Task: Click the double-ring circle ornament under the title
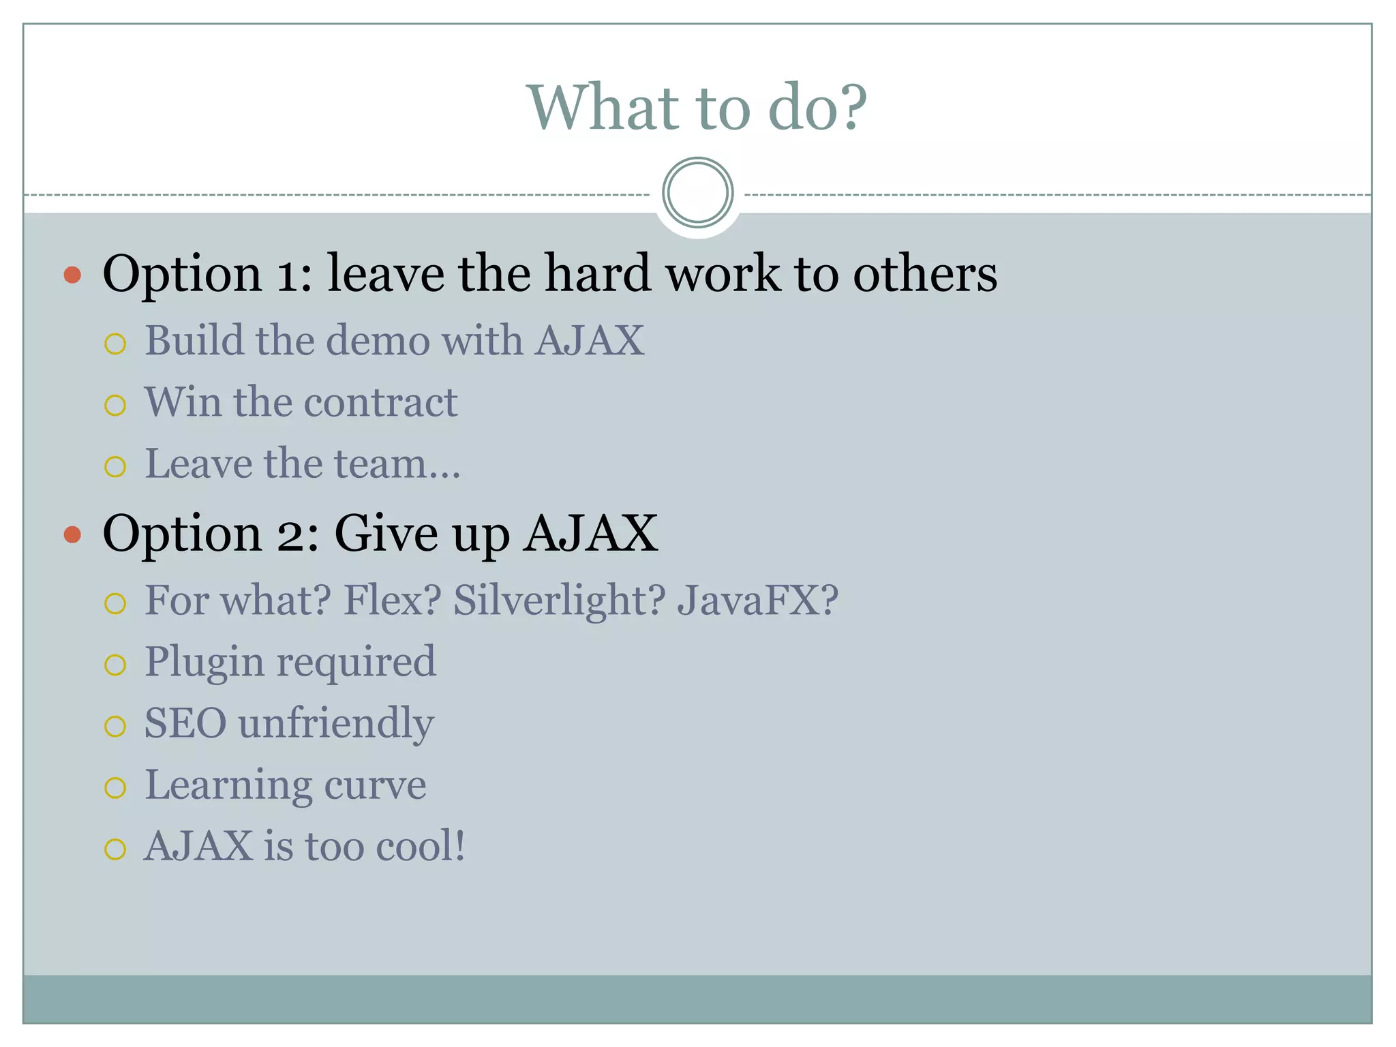click(x=697, y=193)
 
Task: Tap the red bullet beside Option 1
click(x=72, y=275)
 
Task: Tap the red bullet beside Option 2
click(x=72, y=534)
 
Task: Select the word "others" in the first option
click(x=925, y=273)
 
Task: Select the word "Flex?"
click(x=392, y=600)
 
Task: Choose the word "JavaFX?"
click(x=757, y=600)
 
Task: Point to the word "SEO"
click(x=185, y=723)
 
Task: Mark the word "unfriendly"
click(x=336, y=723)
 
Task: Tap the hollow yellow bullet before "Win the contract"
click(x=115, y=406)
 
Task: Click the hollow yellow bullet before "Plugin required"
click(x=115, y=665)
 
